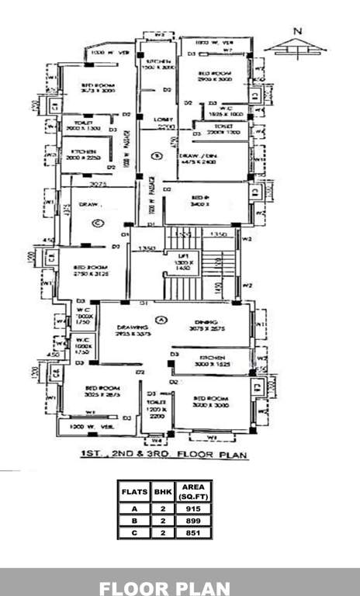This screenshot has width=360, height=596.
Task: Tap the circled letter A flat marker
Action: tap(161, 319)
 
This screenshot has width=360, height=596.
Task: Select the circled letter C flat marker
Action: tap(97, 223)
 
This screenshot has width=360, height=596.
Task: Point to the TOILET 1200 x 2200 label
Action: tap(158, 410)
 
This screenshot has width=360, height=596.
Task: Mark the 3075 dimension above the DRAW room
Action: tap(97, 185)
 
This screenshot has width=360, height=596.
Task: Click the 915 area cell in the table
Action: tap(186, 508)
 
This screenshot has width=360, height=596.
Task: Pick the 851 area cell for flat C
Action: tap(186, 532)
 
